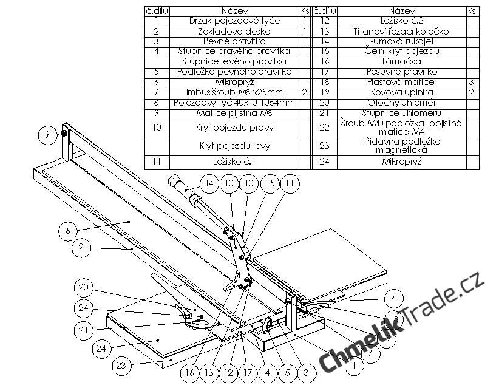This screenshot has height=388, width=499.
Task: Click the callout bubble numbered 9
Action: click(47, 135)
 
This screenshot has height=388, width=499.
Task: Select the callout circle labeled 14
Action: click(209, 183)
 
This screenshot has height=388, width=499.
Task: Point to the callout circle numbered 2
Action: click(81, 248)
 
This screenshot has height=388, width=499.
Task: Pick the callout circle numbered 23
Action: click(121, 366)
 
